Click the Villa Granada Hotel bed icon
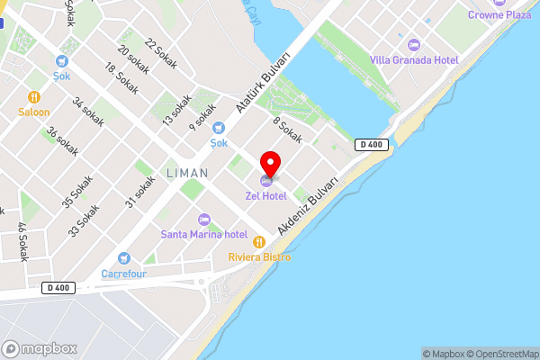coord(414,44)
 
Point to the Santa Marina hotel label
coord(203,235)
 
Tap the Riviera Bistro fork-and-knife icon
coord(258,241)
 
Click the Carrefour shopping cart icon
coord(122,258)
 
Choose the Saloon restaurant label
coord(33,112)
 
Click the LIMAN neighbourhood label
coord(187,172)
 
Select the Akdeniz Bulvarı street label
coord(308,206)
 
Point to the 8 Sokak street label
coord(288,131)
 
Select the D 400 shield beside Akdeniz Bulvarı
coord(372,144)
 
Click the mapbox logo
coord(40,349)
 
